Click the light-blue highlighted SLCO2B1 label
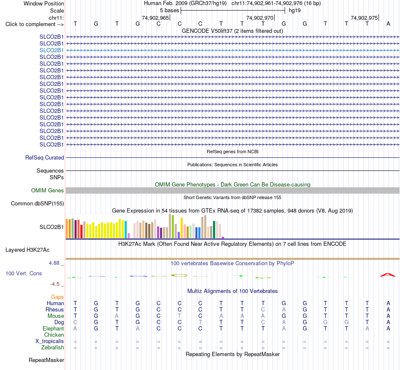[51, 50]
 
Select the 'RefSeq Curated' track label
[45, 157]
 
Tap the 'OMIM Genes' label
[48, 191]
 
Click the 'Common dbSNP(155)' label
[37, 203]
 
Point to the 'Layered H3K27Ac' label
[27, 250]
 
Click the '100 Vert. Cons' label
[24, 273]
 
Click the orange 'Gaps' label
[57, 297]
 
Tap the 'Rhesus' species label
[55, 309]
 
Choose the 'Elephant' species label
[53, 328]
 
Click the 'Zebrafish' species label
[53, 347]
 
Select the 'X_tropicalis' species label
[50, 341]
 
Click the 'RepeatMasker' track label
[46, 360]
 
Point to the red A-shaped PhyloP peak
[388, 274]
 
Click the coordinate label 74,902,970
[260, 18]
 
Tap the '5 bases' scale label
[169, 11]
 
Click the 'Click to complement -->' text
[35, 24]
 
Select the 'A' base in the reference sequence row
[388, 24]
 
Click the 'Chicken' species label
[54, 335]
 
